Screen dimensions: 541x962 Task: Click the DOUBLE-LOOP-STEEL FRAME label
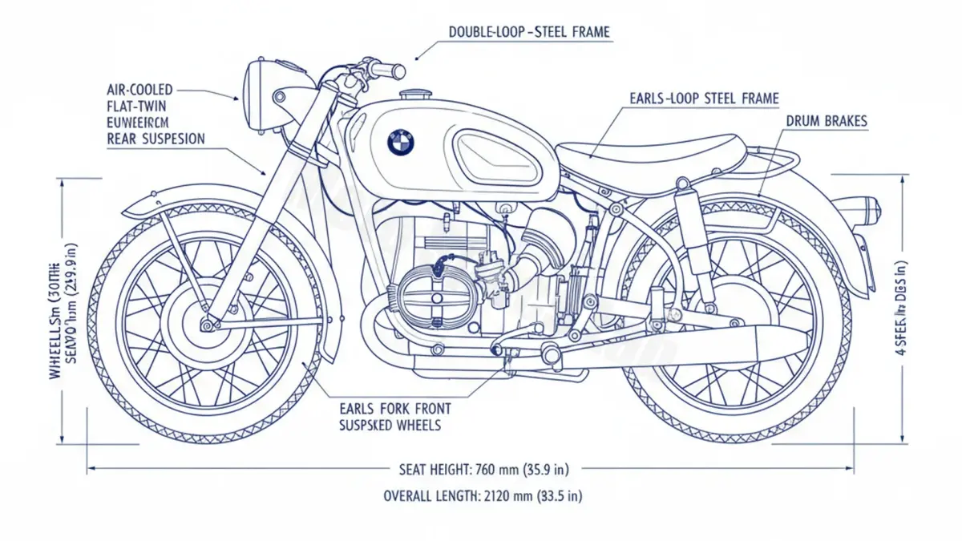[529, 33]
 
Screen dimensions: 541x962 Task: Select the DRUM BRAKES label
[826, 121]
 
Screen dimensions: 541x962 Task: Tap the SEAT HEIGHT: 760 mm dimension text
[489, 468]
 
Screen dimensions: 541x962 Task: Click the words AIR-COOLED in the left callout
[139, 90]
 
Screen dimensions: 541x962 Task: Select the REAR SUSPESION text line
[156, 139]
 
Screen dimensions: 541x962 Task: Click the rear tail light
[865, 210]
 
